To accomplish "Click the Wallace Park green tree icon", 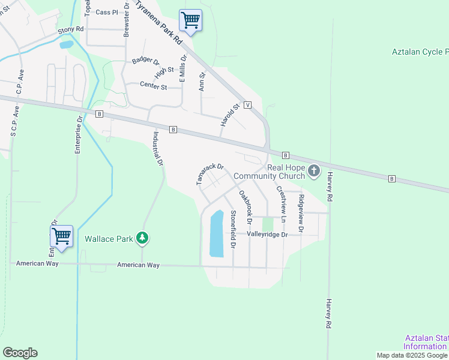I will click(x=142, y=238).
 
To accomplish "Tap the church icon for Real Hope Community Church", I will click(x=313, y=172).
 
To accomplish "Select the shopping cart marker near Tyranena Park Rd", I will click(x=191, y=20).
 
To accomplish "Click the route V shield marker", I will click(x=247, y=104).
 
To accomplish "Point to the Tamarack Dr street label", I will click(x=210, y=174).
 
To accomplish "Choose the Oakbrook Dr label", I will click(x=244, y=208).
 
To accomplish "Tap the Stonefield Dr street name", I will click(x=232, y=229).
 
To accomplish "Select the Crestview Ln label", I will click(x=280, y=201).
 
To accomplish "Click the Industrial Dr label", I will click(x=158, y=149).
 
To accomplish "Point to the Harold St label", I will click(x=230, y=114).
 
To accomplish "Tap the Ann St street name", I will click(x=202, y=82).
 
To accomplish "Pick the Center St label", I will click(x=154, y=86).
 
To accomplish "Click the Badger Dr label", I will click(x=146, y=61).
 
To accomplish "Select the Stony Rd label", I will click(x=71, y=29).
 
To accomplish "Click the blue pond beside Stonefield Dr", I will click(x=216, y=234).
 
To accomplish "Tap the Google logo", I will click(x=20, y=353).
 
